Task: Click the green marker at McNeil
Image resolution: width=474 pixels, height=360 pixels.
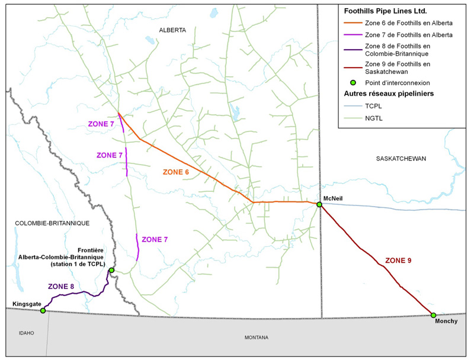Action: (x=319, y=204)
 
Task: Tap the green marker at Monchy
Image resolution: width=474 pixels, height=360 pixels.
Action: (x=433, y=315)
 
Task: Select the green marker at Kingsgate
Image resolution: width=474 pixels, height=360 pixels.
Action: (x=43, y=310)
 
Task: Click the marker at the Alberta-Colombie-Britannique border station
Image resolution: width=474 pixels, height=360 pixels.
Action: (x=111, y=270)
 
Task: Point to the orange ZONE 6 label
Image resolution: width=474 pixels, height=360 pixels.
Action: (x=176, y=172)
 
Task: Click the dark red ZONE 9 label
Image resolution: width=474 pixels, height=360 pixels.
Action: (x=398, y=260)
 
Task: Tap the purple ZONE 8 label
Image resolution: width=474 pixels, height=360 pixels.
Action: (x=61, y=287)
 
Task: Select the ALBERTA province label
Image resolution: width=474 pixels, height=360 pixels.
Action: (x=172, y=30)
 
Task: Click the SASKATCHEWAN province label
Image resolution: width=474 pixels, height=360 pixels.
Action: (x=401, y=158)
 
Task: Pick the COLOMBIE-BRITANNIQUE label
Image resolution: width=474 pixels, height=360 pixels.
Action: (x=44, y=223)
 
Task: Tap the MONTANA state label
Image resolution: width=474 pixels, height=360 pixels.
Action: (x=257, y=337)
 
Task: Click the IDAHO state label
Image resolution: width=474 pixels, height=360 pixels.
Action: (x=25, y=333)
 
